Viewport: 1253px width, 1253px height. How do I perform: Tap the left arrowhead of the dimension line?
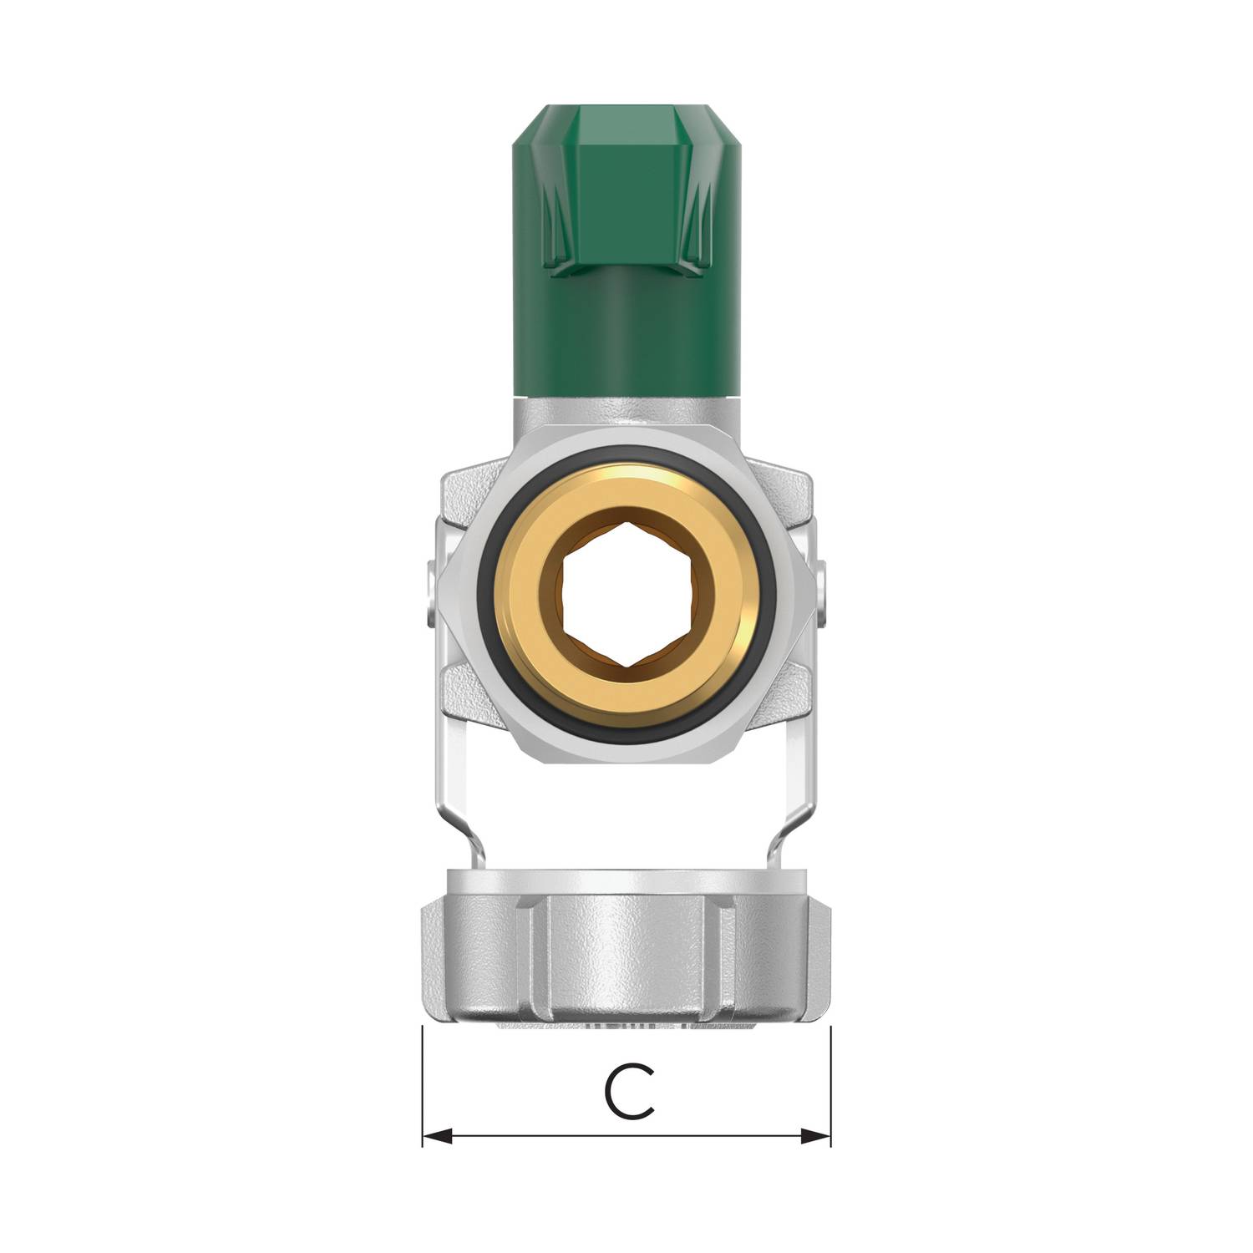coord(437,1136)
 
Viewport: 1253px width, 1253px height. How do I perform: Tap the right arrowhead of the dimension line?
coord(816,1136)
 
